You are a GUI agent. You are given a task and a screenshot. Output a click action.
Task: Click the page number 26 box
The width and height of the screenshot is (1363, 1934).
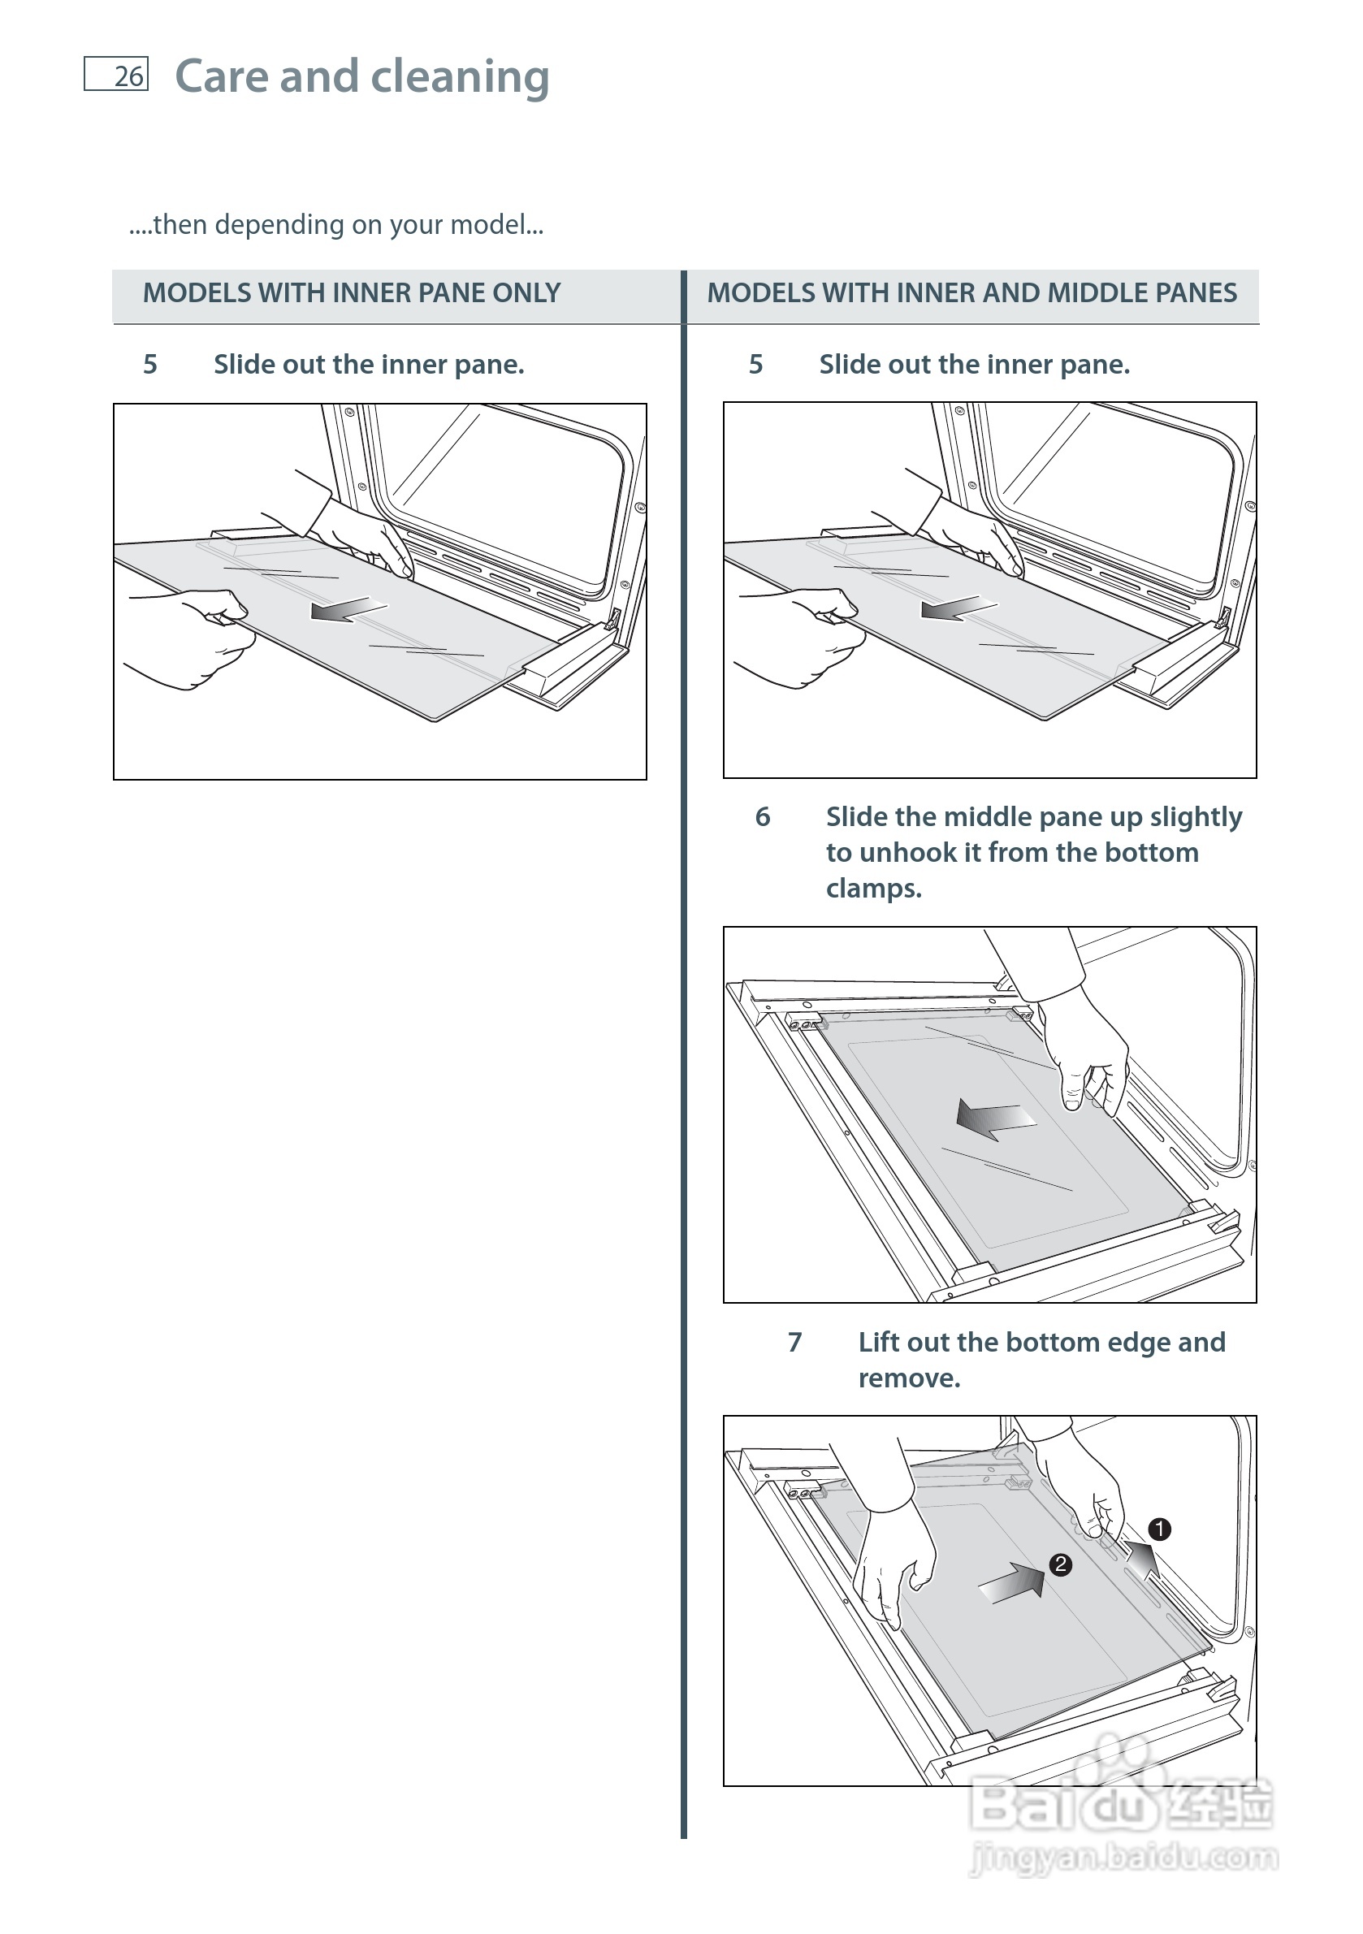click(x=116, y=74)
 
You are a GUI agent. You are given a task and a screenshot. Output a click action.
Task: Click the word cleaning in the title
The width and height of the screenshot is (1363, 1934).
click(x=459, y=76)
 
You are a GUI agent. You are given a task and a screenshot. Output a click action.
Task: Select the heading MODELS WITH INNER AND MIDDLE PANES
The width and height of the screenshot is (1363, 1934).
click(x=971, y=293)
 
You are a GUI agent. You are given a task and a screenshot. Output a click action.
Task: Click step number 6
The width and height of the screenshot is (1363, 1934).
click(x=763, y=816)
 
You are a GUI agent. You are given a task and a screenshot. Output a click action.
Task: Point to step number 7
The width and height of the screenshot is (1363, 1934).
click(x=794, y=1342)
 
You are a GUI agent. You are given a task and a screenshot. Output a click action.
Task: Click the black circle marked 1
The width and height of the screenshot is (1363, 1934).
click(x=1159, y=1529)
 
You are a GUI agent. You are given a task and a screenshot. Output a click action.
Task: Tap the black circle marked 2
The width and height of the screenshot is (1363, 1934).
click(x=1060, y=1564)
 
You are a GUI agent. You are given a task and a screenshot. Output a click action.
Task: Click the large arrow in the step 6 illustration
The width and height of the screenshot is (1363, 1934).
click(x=996, y=1118)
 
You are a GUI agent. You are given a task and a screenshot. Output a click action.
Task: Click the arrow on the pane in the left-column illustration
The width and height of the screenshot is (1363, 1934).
click(x=348, y=609)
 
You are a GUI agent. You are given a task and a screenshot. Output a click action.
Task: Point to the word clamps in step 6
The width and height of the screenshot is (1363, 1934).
click(x=873, y=889)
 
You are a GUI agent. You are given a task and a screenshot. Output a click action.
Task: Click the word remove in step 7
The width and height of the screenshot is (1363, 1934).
click(x=908, y=1379)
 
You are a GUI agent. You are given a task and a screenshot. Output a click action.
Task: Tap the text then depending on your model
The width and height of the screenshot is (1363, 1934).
click(x=337, y=225)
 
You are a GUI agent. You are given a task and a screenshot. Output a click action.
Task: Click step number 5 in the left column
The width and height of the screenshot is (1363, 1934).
click(x=150, y=364)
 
